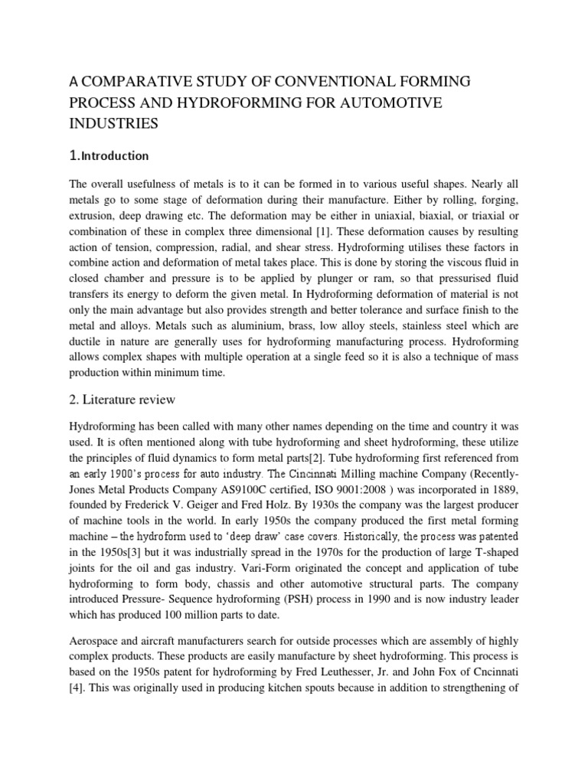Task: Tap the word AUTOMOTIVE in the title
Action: (x=415, y=102)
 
